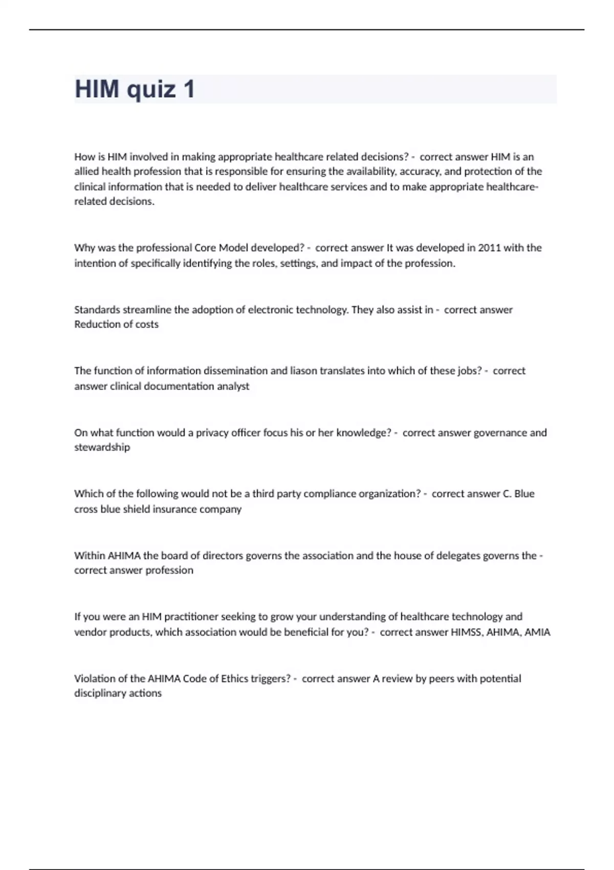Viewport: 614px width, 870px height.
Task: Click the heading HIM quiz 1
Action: pyautogui.click(x=135, y=89)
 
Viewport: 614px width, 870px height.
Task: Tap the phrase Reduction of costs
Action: pyautogui.click(x=116, y=324)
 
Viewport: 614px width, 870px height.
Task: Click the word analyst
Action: pyautogui.click(x=233, y=386)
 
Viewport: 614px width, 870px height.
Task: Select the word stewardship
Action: pyautogui.click(x=102, y=447)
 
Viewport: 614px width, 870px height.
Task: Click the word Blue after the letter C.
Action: pyautogui.click(x=524, y=494)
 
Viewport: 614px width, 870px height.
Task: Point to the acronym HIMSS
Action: pyautogui.click(x=466, y=632)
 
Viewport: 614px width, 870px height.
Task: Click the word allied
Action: pyautogui.click(x=87, y=171)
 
